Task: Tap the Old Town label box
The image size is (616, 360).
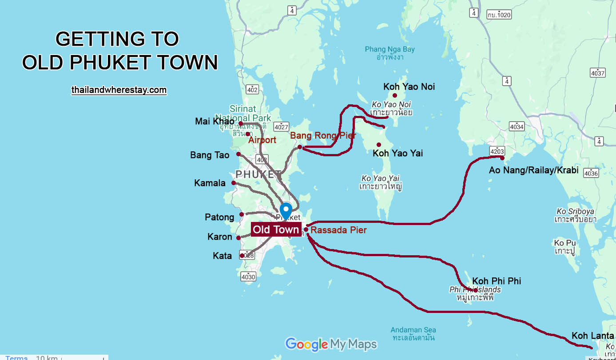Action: coord(276,229)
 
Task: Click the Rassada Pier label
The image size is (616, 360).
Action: coord(338,230)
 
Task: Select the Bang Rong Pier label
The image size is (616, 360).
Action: coord(323,135)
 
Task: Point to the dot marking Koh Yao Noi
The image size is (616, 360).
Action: coord(394,95)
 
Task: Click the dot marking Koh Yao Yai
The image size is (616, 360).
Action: coord(379,145)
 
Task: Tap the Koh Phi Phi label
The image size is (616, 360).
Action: coord(497,281)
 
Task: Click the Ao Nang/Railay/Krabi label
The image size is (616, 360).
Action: coord(533,170)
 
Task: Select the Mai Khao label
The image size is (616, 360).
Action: coord(215,121)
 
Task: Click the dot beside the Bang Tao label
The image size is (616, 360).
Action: coord(238,154)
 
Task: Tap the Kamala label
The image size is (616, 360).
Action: coord(210,183)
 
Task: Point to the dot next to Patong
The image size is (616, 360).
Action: coord(242,214)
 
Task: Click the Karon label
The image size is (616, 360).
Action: coord(220,237)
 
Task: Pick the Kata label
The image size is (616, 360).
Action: coord(222,256)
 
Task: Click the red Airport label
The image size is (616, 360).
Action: coord(262,140)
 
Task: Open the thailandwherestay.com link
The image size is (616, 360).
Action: coord(119,90)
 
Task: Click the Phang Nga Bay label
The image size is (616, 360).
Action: coord(389,49)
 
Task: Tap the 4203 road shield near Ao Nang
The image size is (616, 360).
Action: coord(497,151)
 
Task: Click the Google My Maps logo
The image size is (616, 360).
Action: coord(331,344)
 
